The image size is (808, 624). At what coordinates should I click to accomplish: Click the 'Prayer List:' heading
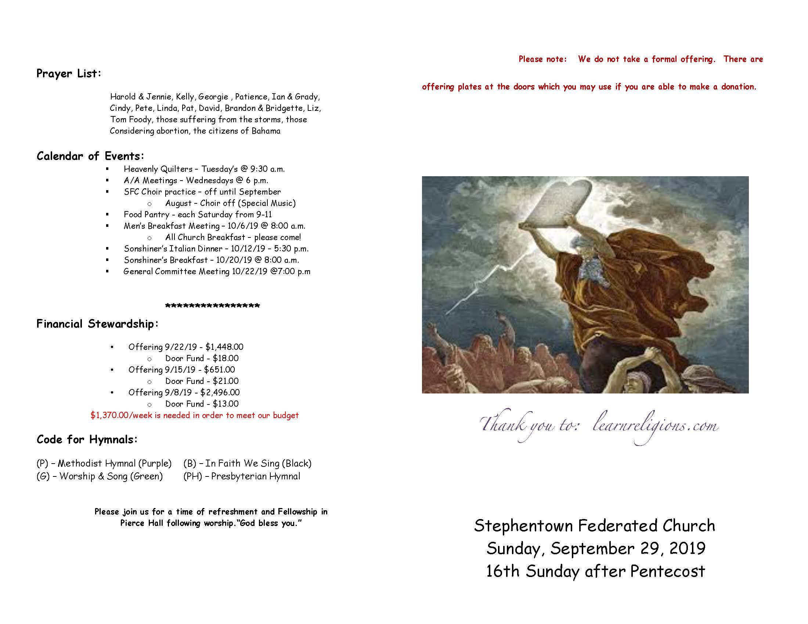[69, 73]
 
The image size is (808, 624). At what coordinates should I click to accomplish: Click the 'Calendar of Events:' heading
[90, 156]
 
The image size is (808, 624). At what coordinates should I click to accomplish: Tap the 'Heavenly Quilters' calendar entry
[158, 169]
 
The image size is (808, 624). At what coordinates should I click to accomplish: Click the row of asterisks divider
[212, 306]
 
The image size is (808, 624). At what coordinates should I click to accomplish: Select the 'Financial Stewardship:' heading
[98, 324]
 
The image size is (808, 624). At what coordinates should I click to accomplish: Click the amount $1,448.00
[224, 347]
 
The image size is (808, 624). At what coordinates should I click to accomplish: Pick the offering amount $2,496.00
[220, 392]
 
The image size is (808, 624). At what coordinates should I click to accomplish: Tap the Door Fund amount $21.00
[226, 381]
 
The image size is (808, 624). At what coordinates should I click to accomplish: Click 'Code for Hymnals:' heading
[87, 439]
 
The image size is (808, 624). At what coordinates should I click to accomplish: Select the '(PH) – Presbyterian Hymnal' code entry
[242, 476]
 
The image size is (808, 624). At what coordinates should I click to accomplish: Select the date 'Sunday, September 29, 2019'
[596, 548]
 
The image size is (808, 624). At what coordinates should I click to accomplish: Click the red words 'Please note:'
[542, 59]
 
